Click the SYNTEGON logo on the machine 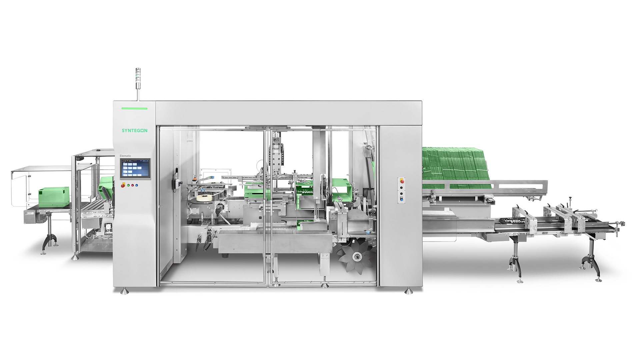(135, 130)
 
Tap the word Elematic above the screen (125, 156)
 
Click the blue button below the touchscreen (136, 185)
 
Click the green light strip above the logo (134, 108)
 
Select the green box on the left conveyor (54, 195)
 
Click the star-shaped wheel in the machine (355, 256)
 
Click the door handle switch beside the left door (175, 180)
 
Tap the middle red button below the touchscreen (132, 185)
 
